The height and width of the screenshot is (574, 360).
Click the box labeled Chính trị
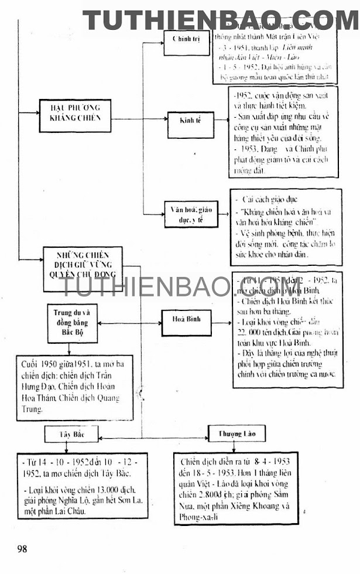coord(186,40)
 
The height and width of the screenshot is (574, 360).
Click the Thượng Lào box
coord(236,434)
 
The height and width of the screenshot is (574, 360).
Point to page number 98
coord(22,549)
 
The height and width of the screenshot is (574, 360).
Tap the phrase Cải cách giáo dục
coord(270,200)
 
